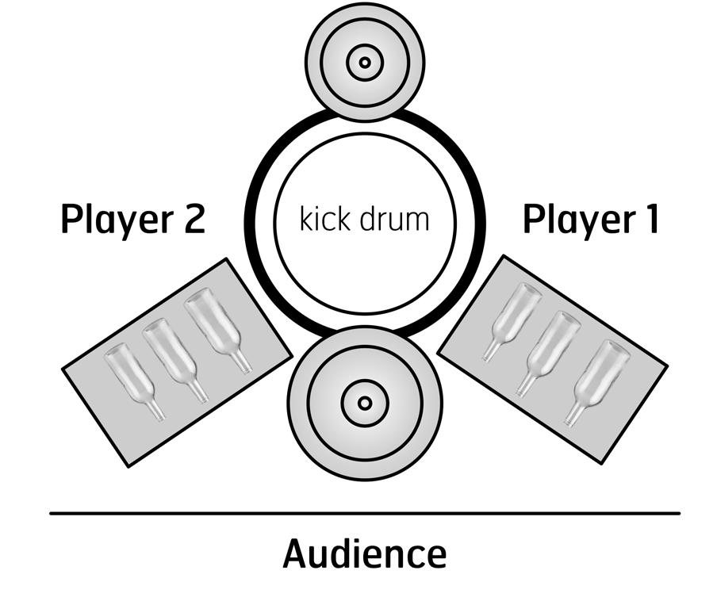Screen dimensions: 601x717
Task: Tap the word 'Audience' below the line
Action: click(x=364, y=554)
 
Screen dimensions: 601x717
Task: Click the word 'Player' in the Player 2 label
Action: click(x=117, y=220)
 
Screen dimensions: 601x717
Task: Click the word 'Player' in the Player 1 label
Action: click(x=577, y=220)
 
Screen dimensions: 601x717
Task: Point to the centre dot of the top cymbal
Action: click(x=364, y=62)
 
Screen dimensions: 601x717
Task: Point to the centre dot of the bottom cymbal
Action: click(x=364, y=403)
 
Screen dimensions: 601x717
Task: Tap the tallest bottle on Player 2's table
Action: click(x=215, y=326)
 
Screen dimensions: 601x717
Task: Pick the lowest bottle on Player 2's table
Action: click(x=132, y=379)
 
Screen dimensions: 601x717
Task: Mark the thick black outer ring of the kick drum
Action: click(x=252, y=222)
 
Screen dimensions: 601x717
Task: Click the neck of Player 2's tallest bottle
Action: click(x=240, y=361)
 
